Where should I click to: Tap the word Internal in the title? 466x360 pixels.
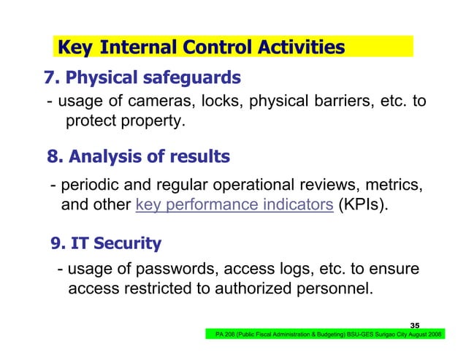point(136,47)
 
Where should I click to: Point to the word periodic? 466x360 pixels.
point(91,184)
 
